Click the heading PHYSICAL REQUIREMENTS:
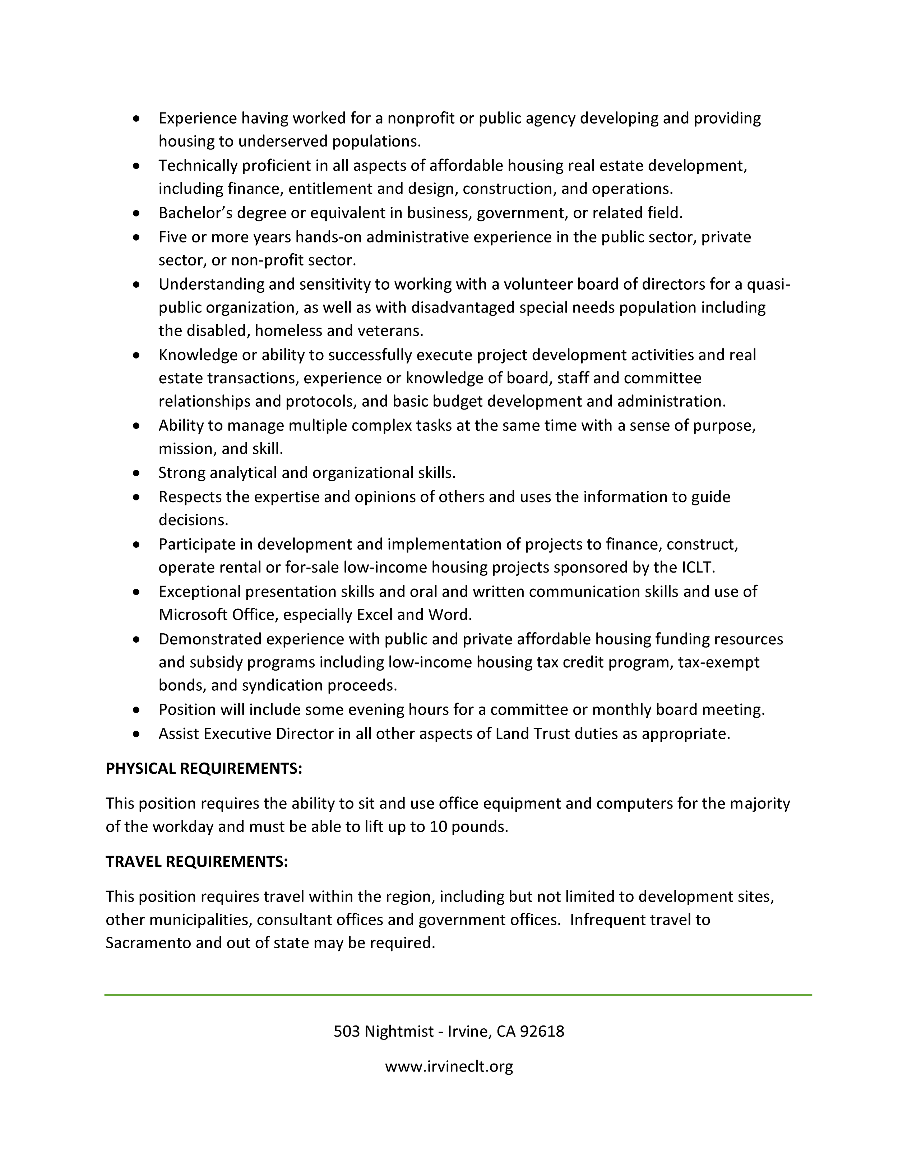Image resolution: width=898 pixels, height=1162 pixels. (204, 769)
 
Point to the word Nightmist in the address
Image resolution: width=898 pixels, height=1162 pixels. (399, 1032)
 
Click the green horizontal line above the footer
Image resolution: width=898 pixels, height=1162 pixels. (458, 994)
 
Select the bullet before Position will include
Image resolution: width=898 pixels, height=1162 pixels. (137, 710)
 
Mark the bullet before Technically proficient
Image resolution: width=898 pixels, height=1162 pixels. (137, 166)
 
